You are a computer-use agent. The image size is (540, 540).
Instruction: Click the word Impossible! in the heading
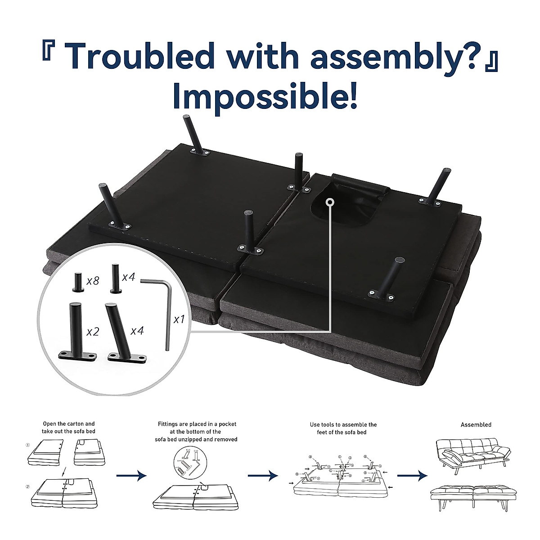pos(265,95)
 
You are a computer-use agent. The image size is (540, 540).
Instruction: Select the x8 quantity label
pos(93,281)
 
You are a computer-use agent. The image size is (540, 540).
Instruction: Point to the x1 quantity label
pos(179,319)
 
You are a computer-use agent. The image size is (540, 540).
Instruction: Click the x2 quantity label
pos(93,332)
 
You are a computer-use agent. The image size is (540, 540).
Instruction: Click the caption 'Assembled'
pos(476,424)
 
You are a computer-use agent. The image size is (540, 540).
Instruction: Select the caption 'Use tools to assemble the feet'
pos(343,428)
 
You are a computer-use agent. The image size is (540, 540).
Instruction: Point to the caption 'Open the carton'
pos(69,427)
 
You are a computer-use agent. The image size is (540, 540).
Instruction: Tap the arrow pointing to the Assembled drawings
pos(412,475)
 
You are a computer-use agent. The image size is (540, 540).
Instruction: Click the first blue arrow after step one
pos(131,475)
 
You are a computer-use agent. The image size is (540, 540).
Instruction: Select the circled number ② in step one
pos(28,487)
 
